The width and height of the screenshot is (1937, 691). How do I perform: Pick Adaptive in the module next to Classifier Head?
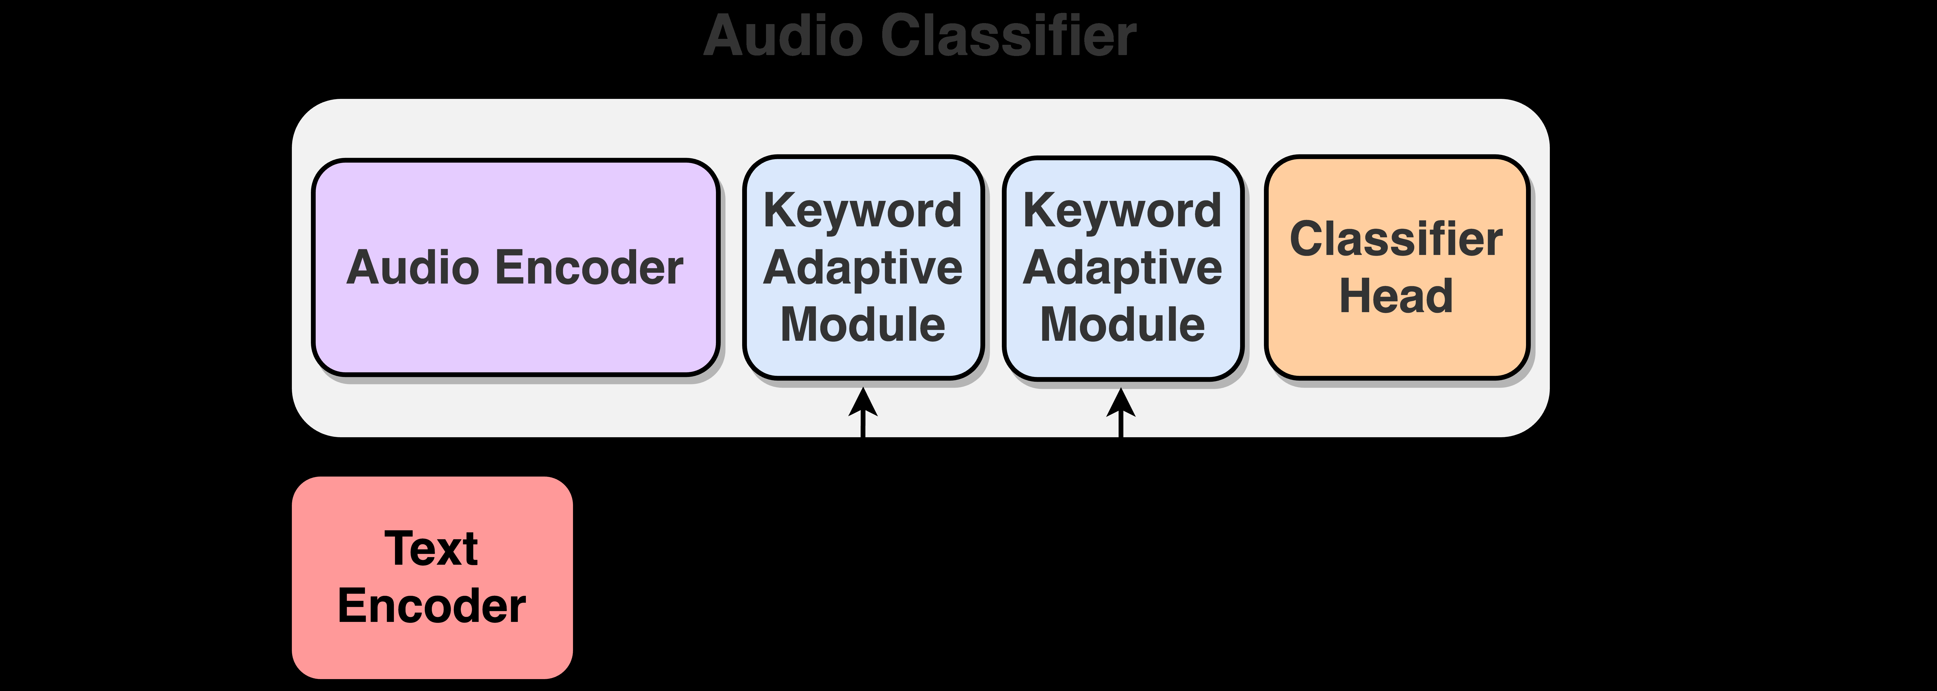1123,269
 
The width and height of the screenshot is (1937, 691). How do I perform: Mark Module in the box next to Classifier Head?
1123,325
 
